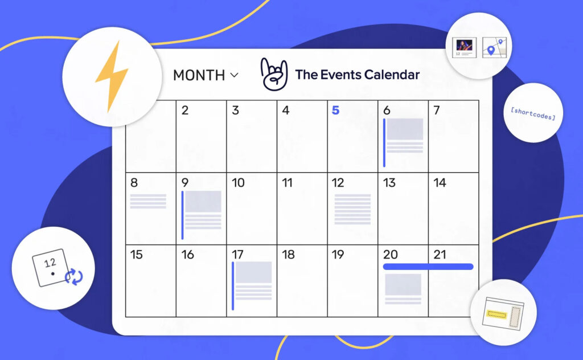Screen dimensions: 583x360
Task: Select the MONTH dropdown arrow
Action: point(234,75)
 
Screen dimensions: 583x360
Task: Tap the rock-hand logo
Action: point(274,74)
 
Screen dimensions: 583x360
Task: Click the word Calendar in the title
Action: point(392,75)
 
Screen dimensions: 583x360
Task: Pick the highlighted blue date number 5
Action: point(335,110)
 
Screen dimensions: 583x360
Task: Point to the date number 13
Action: point(389,183)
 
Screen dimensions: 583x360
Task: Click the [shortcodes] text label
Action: point(533,113)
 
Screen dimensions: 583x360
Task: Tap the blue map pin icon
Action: point(491,50)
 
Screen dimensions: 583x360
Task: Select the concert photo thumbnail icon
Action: point(465,46)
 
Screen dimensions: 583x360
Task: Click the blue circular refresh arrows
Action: point(74,277)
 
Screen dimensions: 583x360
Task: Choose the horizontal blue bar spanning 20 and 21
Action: point(428,267)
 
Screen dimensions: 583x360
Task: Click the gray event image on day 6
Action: point(405,129)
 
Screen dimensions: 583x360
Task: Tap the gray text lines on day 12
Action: point(352,209)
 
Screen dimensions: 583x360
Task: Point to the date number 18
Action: point(288,255)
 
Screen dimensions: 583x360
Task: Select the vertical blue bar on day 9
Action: point(182,215)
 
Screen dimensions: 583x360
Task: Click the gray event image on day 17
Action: point(253,273)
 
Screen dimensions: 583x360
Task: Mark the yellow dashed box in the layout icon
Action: point(496,315)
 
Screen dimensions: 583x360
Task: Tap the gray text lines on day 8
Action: point(148,201)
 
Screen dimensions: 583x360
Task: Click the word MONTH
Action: point(199,75)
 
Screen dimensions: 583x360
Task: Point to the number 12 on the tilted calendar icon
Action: point(50,263)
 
